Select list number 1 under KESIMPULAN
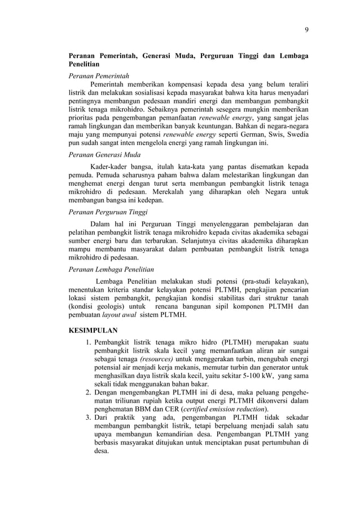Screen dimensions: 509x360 pos(89,340)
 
